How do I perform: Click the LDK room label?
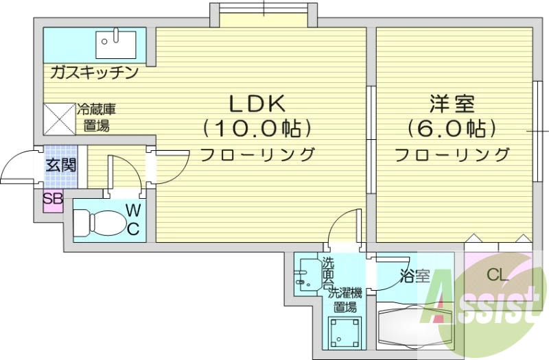pyautogui.click(x=257, y=104)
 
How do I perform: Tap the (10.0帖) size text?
pyautogui.click(x=257, y=128)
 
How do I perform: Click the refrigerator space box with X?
pyautogui.click(x=59, y=118)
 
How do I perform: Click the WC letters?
pyautogui.click(x=133, y=219)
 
